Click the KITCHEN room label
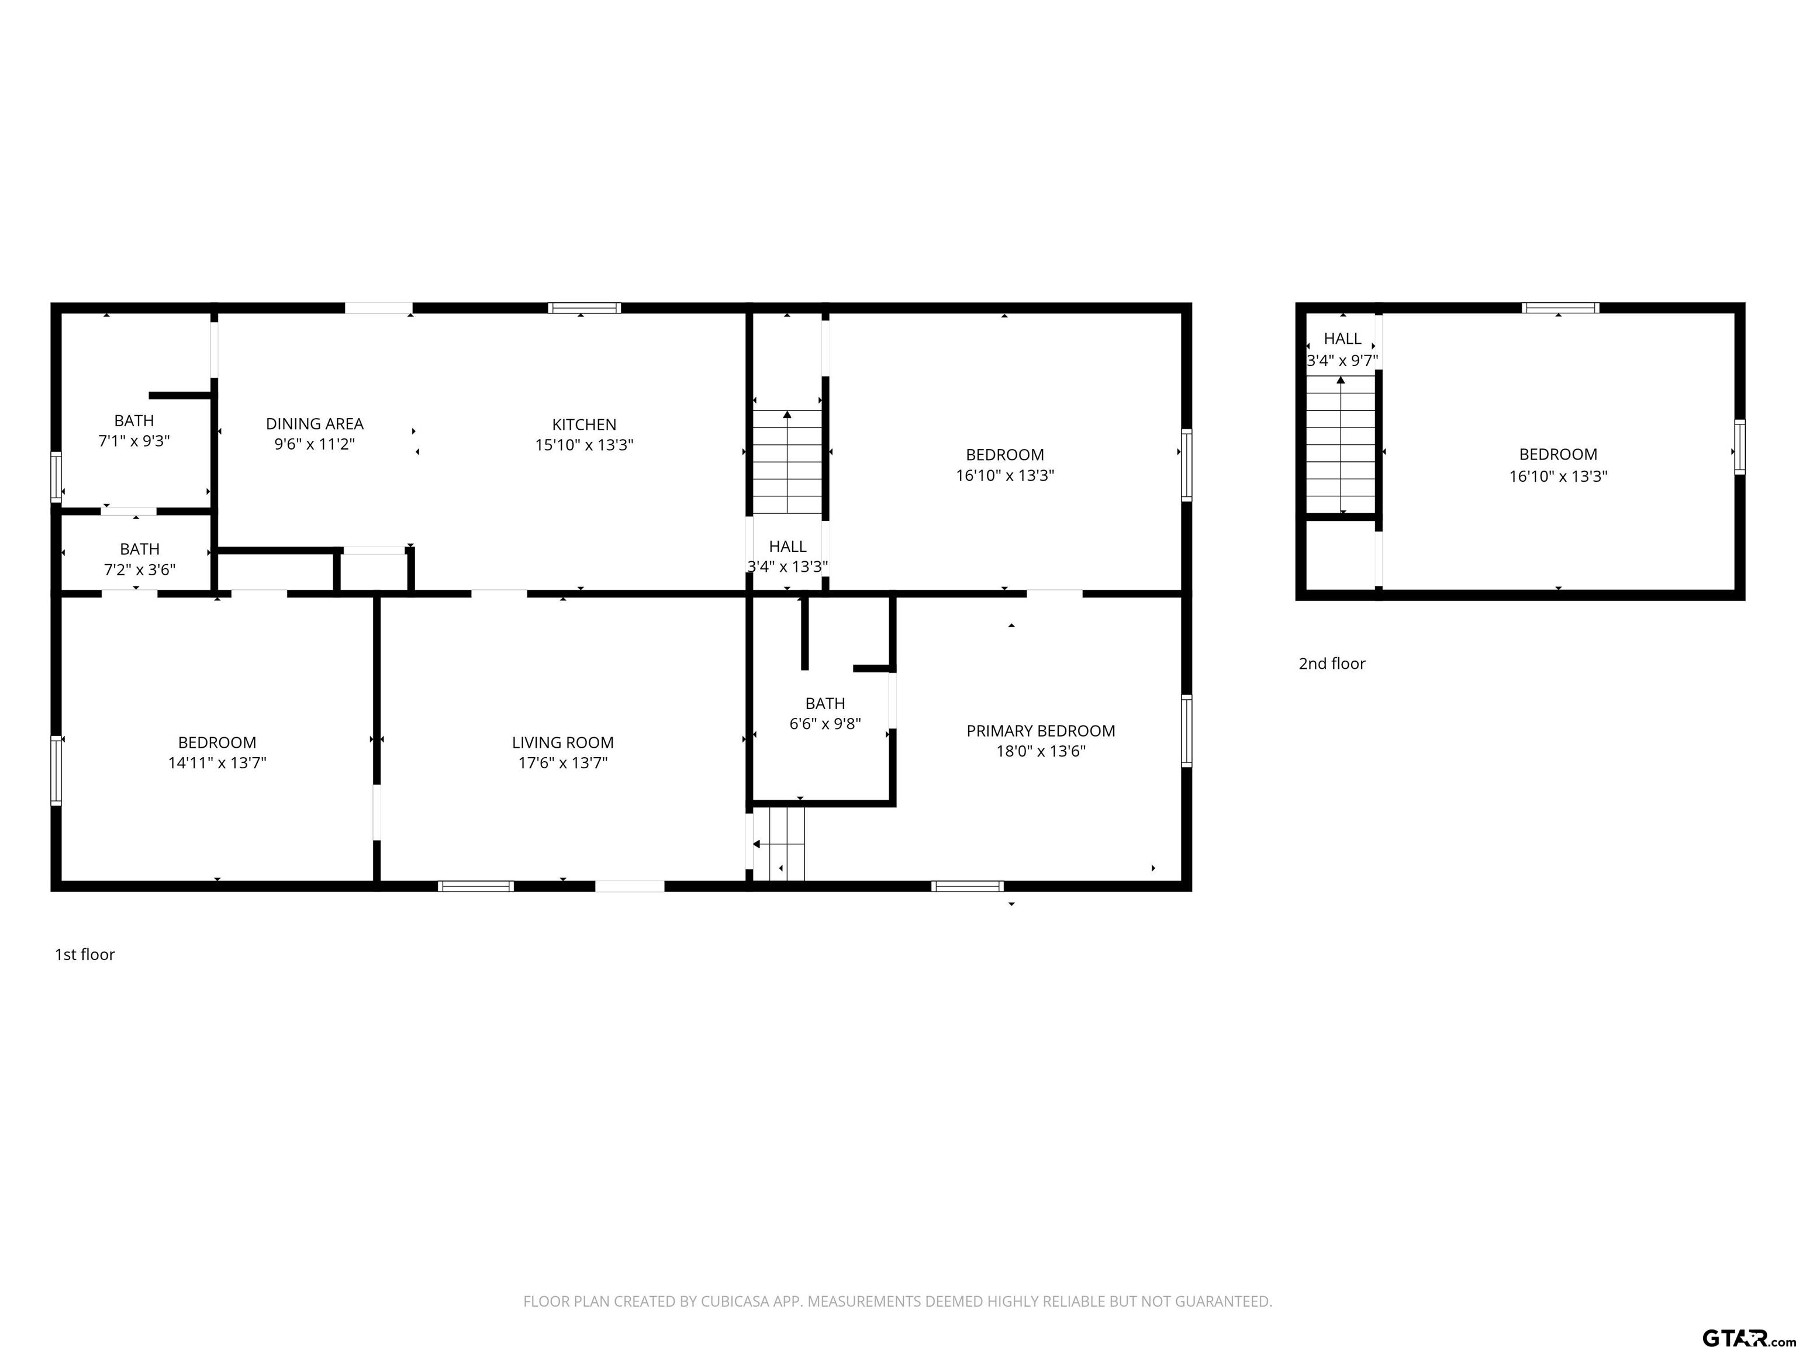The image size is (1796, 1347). (x=584, y=424)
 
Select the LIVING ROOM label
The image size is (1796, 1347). (x=562, y=743)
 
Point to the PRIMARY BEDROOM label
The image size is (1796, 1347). (x=1040, y=731)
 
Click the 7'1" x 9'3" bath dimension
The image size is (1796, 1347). (x=134, y=441)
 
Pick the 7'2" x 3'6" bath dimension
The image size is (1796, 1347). (x=140, y=570)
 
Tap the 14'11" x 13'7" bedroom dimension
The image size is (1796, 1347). (x=217, y=763)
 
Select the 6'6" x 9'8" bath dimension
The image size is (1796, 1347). (x=825, y=723)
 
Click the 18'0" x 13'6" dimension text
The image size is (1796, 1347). (x=1041, y=751)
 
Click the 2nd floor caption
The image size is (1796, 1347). (x=1332, y=664)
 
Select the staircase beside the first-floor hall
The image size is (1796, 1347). (x=787, y=462)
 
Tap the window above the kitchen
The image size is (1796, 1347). (x=584, y=308)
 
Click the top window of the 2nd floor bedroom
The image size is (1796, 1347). (x=1560, y=308)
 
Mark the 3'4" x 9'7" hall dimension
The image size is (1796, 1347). (x=1342, y=361)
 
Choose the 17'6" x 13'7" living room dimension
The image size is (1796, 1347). (x=562, y=763)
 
